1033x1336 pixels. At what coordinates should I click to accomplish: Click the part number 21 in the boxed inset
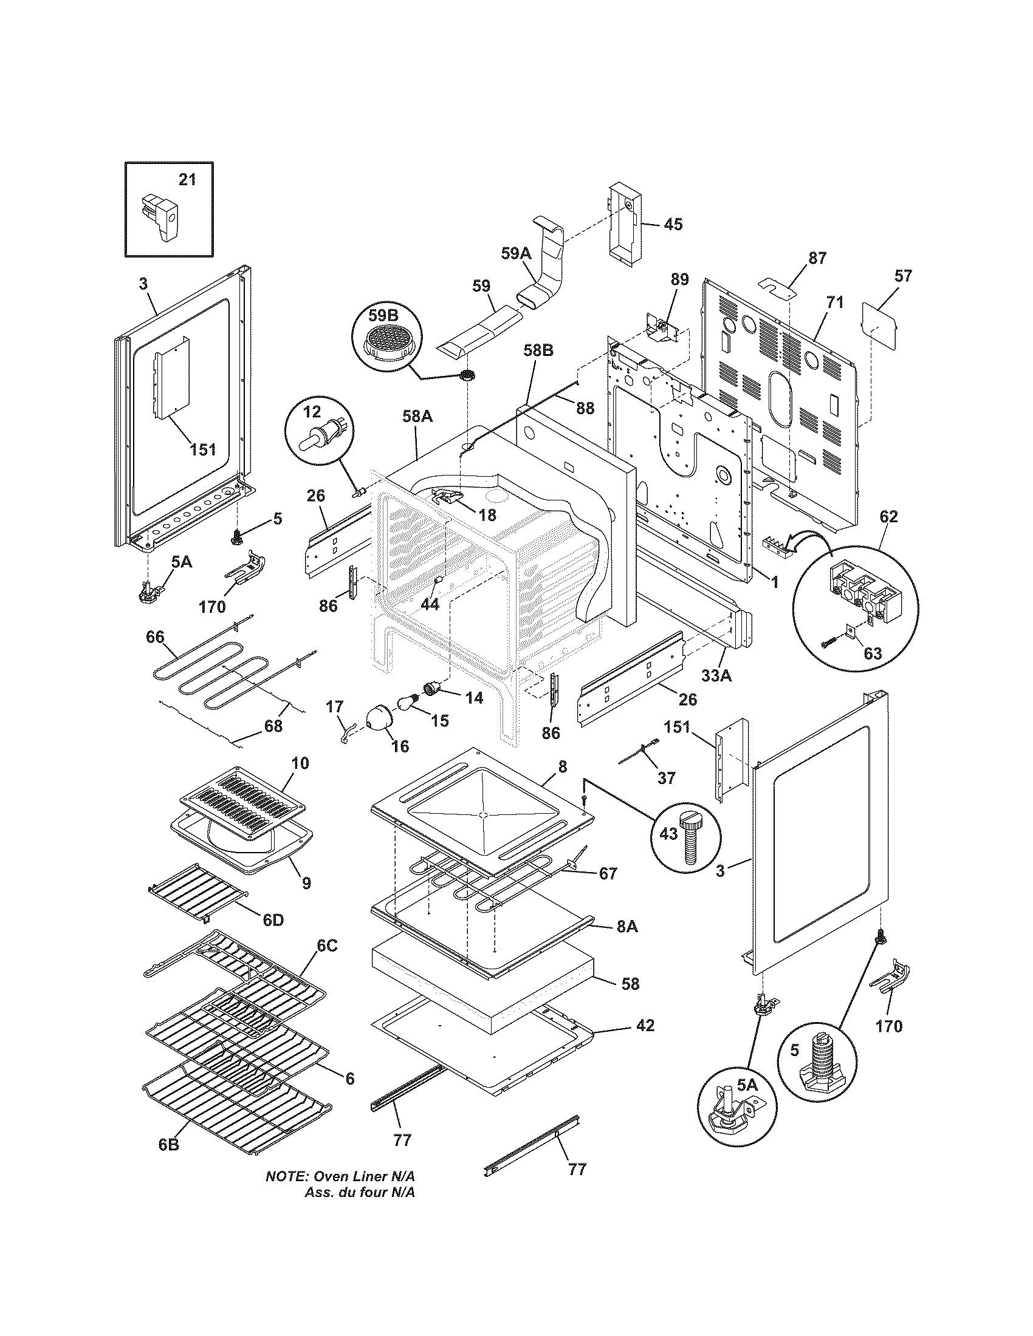click(187, 180)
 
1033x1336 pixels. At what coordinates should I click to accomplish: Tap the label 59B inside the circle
click(382, 316)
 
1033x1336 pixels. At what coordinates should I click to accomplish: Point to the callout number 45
click(673, 225)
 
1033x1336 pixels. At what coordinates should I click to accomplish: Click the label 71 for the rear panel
click(835, 302)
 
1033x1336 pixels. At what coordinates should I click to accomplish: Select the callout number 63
click(873, 653)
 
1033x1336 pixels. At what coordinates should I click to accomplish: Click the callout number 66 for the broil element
click(155, 637)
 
